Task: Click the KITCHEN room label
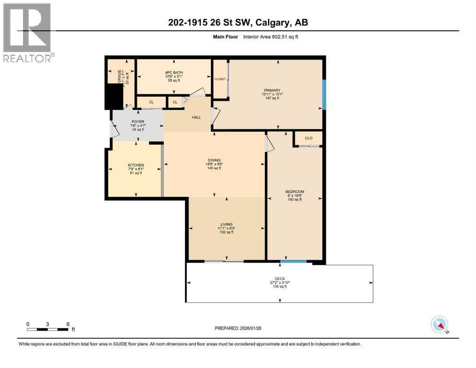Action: pos(136,165)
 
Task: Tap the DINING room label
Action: pos(214,161)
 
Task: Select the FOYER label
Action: pos(138,122)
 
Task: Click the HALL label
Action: pos(196,117)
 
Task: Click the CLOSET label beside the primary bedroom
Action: pos(220,79)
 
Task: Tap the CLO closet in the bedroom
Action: pos(308,138)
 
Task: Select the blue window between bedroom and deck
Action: pos(293,262)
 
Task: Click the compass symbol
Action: pos(439,324)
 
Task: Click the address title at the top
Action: pos(237,23)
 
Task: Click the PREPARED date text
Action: pos(237,328)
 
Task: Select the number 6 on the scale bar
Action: pos(68,323)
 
